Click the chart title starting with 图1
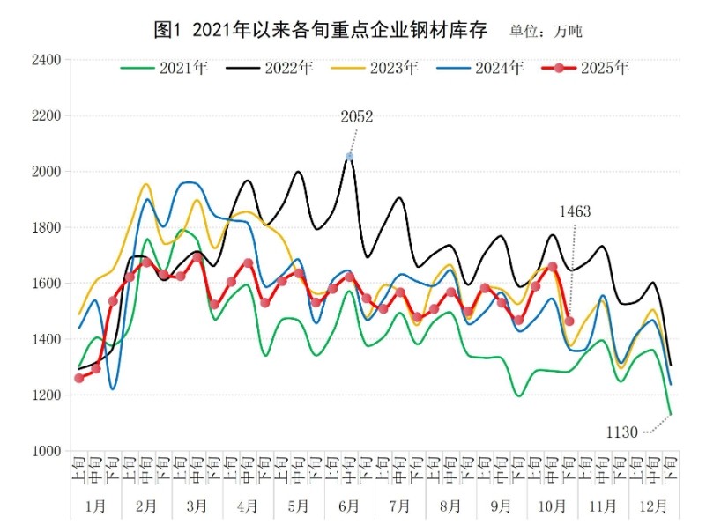click(322, 29)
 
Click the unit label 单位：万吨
click(546, 32)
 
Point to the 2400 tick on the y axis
click(47, 60)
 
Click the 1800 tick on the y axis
click(47, 227)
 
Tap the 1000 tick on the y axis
click(47, 451)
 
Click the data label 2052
click(358, 117)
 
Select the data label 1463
click(575, 211)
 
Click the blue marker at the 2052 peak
click(350, 157)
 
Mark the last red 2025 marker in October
click(569, 321)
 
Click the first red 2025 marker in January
click(79, 378)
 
